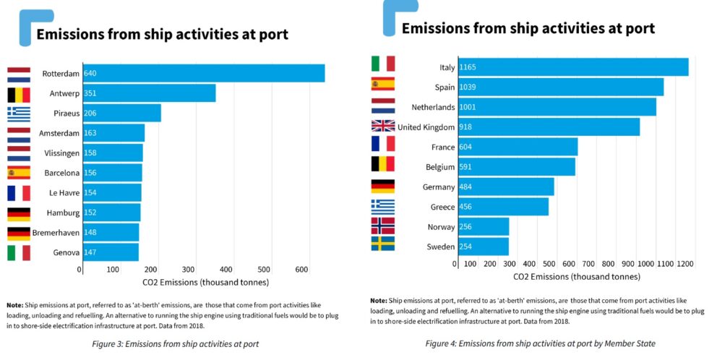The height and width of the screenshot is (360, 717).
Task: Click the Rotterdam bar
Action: coord(204,74)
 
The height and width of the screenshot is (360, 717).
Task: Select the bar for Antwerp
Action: coord(149,93)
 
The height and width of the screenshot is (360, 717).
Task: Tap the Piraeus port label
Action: coord(62,113)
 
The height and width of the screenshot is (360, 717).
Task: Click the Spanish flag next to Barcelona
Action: coord(19,173)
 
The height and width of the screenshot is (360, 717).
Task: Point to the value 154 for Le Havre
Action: coord(90,193)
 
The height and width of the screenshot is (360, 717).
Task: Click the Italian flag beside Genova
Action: coord(19,253)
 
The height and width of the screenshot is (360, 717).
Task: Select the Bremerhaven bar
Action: coord(111,233)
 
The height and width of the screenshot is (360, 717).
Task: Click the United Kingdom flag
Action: coord(383,126)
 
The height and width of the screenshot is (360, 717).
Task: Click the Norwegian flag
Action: coord(383,225)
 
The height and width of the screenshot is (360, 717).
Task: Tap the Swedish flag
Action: coord(383,244)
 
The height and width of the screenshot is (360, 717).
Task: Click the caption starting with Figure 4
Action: coord(539,343)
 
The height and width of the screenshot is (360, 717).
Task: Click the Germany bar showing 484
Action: coord(505,187)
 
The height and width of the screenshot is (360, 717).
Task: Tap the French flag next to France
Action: coord(383,144)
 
